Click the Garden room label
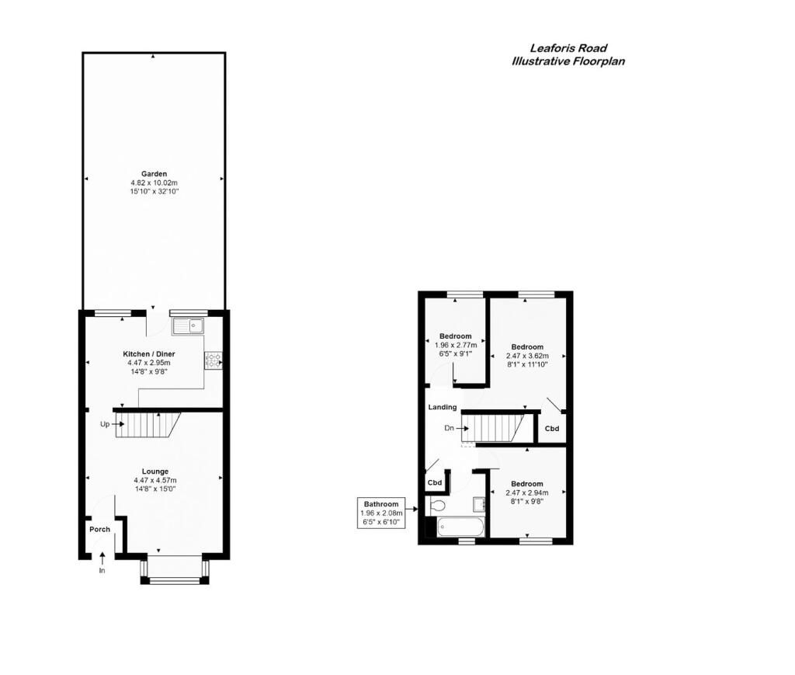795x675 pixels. (154, 173)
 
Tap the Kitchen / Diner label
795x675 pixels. (149, 353)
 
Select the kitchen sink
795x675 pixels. (188, 326)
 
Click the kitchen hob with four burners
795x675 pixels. (213, 360)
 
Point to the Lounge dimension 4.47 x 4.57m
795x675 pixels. (155, 480)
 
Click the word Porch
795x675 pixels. (100, 529)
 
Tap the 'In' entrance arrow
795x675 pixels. (102, 558)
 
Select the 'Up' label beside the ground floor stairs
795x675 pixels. (105, 424)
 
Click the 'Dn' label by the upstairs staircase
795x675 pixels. (449, 428)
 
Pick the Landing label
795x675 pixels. (443, 407)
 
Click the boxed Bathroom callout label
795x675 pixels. (381, 512)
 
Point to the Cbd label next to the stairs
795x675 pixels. (552, 428)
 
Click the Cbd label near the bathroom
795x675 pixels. (435, 482)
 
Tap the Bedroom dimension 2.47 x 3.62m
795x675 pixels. (527, 356)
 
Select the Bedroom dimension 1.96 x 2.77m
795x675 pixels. (455, 345)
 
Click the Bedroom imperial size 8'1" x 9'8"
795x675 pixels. (527, 501)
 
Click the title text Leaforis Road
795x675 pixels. (568, 48)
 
